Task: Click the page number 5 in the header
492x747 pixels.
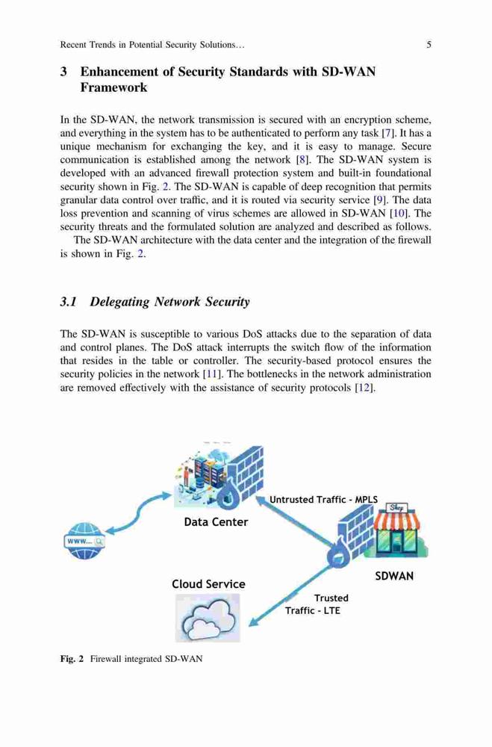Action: pyautogui.click(x=429, y=45)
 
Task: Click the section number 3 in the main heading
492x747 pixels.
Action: pyautogui.click(x=63, y=72)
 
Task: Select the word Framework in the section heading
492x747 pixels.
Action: pyautogui.click(x=113, y=87)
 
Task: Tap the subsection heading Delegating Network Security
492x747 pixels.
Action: pyautogui.click(x=169, y=302)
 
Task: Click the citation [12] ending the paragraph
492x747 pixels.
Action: pyautogui.click(x=365, y=387)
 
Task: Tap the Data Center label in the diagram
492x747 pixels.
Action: pyautogui.click(x=216, y=522)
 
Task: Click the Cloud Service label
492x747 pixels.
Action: pyautogui.click(x=208, y=584)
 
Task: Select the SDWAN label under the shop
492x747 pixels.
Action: pyautogui.click(x=394, y=576)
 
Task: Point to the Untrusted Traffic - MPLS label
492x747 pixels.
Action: pyautogui.click(x=324, y=499)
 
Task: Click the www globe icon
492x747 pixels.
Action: pyautogui.click(x=84, y=541)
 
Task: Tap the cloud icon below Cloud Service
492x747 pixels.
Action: pyautogui.click(x=208, y=618)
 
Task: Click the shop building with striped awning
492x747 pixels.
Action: pyautogui.click(x=399, y=530)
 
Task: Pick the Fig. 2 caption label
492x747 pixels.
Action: pyautogui.click(x=72, y=659)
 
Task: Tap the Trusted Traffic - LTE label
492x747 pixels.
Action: pyautogui.click(x=317, y=604)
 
